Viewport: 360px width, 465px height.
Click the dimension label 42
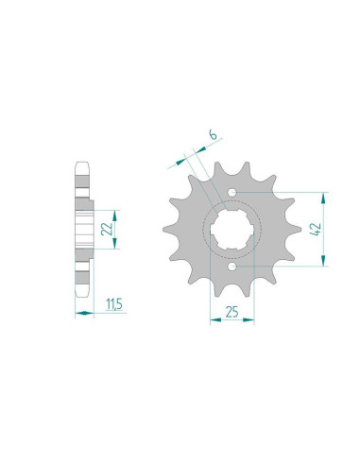[x=316, y=229]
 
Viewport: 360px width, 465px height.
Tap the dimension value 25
[x=231, y=312]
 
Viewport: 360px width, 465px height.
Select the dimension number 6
[x=214, y=135]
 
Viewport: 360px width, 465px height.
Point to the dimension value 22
[x=107, y=229]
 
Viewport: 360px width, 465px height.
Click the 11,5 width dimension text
[x=114, y=304]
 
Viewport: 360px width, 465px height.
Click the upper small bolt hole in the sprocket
[x=232, y=192]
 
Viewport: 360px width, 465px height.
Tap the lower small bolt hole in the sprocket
[x=232, y=267]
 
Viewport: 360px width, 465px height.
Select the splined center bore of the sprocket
[x=232, y=230]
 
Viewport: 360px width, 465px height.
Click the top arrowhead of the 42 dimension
[x=323, y=198]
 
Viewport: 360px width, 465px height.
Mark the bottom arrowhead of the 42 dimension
[x=323, y=260]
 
